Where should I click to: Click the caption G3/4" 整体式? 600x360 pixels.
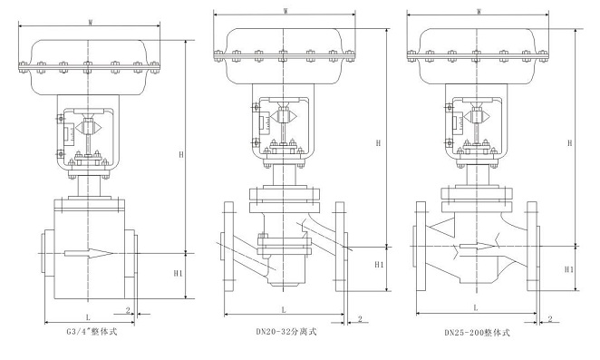(92, 332)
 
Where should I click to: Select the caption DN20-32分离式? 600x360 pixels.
(286, 331)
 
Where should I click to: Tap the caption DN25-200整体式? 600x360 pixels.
(477, 333)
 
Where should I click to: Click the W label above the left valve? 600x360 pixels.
(91, 22)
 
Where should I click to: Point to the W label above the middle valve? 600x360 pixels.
(285, 11)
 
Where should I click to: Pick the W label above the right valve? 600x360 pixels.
(479, 12)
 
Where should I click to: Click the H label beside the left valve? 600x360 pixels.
(181, 155)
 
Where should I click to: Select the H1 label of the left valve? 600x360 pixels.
(178, 274)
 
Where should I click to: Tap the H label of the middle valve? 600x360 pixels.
(378, 143)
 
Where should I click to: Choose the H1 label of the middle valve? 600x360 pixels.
(379, 264)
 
